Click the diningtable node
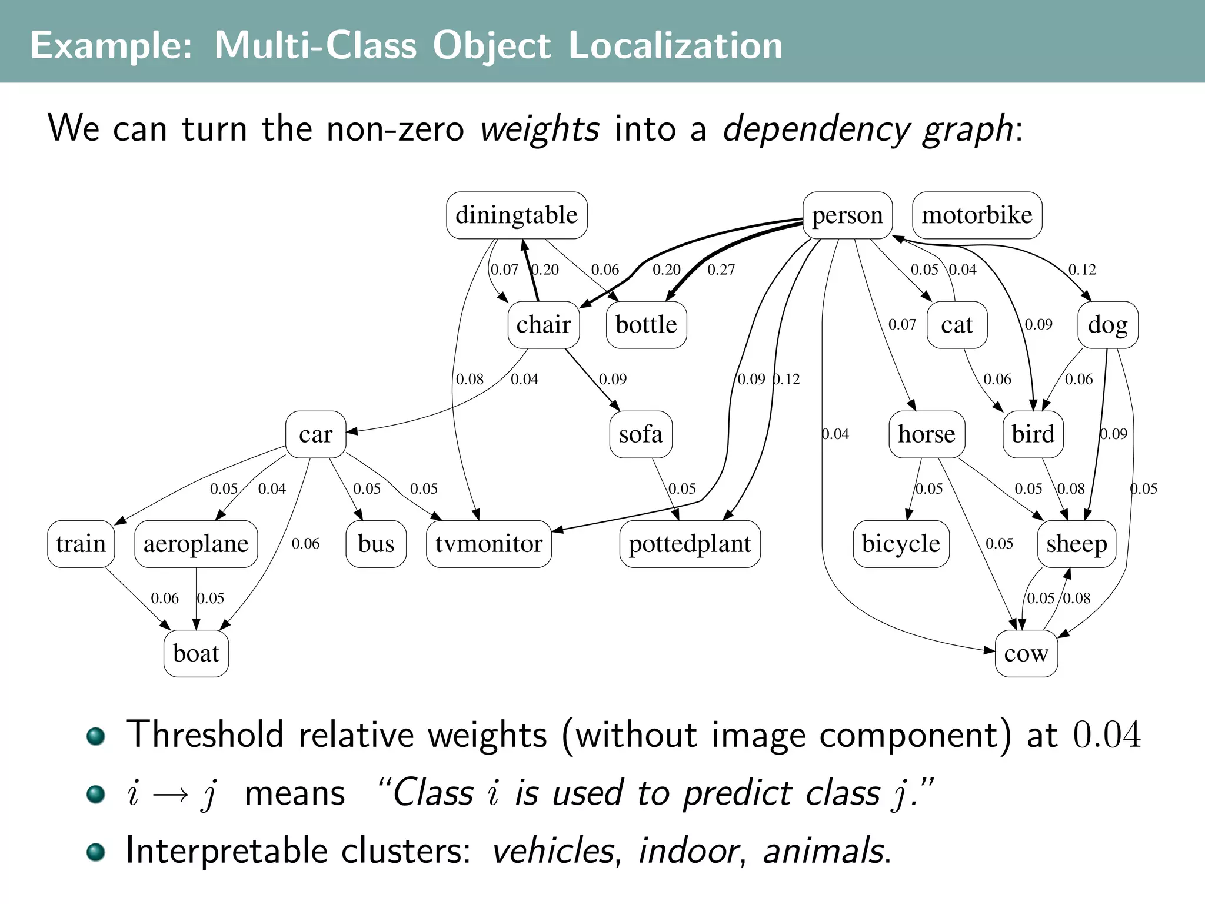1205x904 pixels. point(517,215)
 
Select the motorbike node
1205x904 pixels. point(977,215)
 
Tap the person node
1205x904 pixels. point(847,215)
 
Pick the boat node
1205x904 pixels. point(196,653)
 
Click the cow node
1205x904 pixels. point(1026,653)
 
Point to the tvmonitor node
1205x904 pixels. point(489,544)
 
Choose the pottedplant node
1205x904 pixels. point(690,544)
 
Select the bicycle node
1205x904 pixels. point(901,544)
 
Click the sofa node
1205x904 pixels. point(641,434)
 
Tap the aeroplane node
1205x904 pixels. point(196,544)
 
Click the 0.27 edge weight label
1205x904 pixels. point(721,270)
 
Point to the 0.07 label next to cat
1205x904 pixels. point(902,324)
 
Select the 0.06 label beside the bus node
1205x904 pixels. point(305,544)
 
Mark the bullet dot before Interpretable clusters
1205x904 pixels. point(95,852)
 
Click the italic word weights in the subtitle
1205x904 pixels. point(540,129)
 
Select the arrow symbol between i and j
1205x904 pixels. point(171,795)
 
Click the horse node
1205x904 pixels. point(927,434)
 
